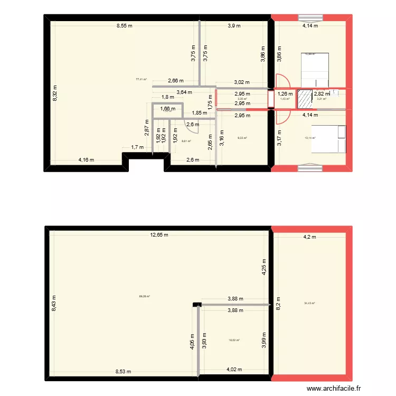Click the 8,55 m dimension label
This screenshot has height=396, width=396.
[125, 25]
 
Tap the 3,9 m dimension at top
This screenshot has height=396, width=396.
[234, 25]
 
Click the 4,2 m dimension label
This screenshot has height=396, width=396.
[309, 237]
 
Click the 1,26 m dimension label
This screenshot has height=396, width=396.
[285, 95]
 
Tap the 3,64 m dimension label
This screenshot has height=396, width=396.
[185, 92]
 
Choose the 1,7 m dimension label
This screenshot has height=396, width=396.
[137, 147]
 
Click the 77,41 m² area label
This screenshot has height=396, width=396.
[141, 79]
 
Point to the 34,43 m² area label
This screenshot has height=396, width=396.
[309, 303]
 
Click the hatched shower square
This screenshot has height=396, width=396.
[305, 99]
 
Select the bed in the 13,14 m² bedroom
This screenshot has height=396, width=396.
[328, 138]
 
